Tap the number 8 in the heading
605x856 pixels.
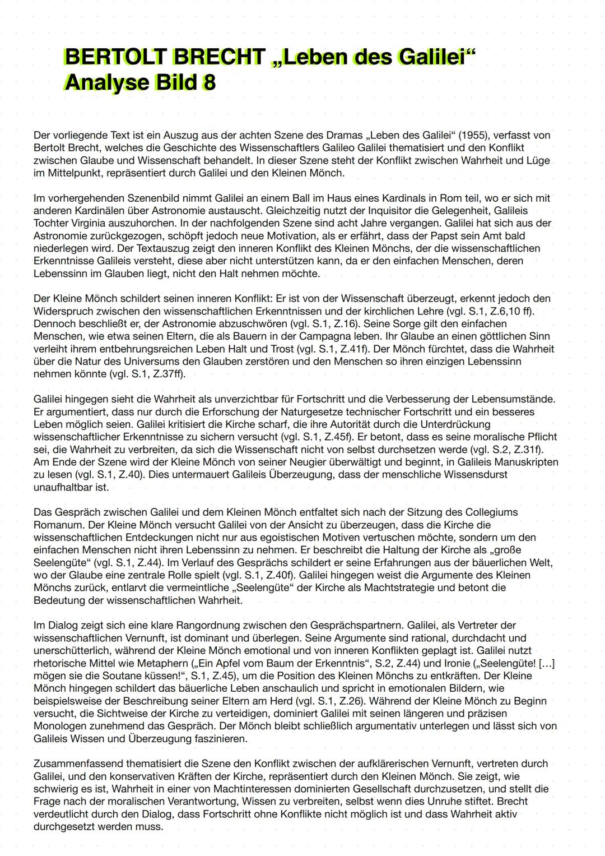208,83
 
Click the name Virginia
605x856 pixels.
91,223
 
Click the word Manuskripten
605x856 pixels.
525,462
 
